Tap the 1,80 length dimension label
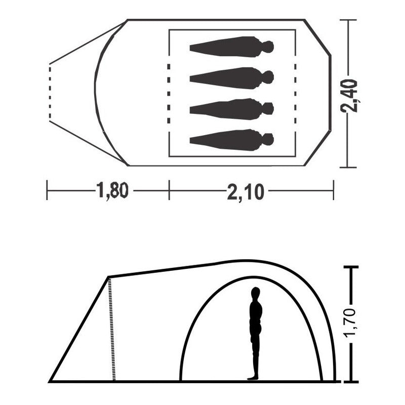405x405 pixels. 112,191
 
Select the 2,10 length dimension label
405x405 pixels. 246,191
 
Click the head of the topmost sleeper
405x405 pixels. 268,47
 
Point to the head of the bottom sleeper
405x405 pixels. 268,139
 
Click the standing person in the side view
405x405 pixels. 256,334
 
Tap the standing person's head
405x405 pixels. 256,293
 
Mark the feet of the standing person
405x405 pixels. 253,377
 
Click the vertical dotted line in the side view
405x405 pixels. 111,329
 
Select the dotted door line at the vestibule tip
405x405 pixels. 50,92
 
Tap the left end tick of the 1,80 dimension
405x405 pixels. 47,190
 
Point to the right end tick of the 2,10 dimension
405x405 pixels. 333,190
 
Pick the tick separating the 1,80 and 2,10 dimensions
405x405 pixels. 169,190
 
